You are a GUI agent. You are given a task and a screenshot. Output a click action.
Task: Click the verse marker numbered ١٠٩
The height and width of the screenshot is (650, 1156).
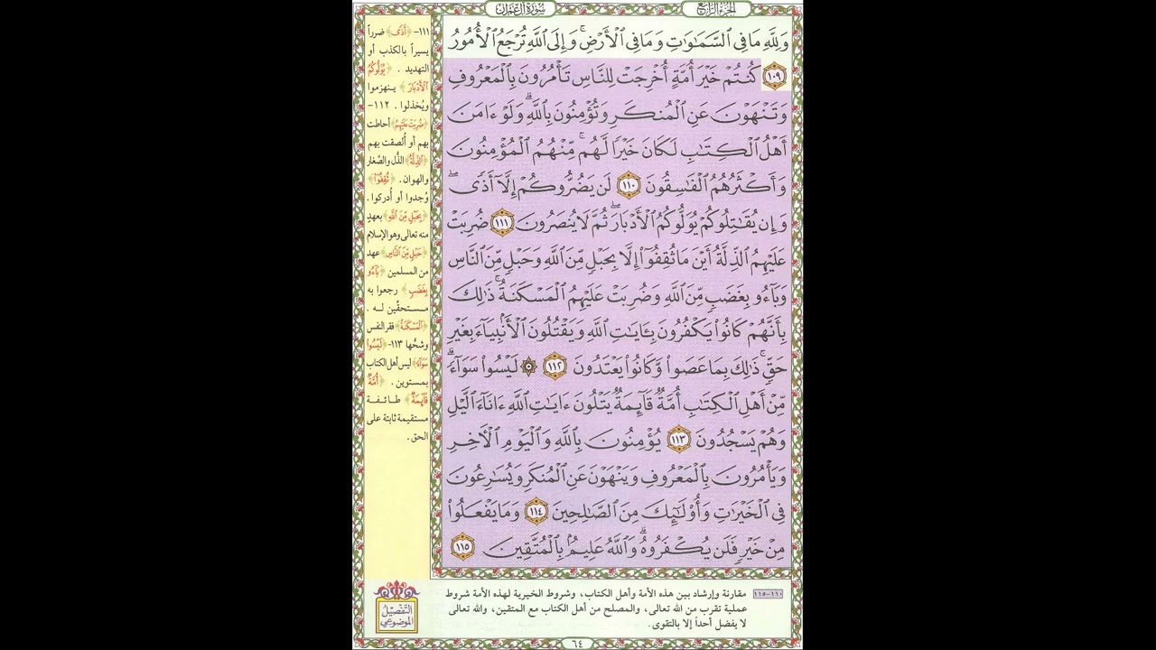click(x=774, y=77)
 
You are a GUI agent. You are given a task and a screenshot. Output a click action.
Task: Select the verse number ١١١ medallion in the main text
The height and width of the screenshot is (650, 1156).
click(x=503, y=222)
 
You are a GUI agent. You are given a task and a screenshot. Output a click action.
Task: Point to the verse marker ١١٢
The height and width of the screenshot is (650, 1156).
click(x=553, y=367)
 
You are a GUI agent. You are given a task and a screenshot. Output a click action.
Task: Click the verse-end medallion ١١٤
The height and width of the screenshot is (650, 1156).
click(x=536, y=512)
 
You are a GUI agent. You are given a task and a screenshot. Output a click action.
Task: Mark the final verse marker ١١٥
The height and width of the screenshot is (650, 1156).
click(x=463, y=546)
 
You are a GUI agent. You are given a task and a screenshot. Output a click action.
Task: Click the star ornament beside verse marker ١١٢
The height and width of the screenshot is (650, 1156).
click(x=529, y=367)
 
